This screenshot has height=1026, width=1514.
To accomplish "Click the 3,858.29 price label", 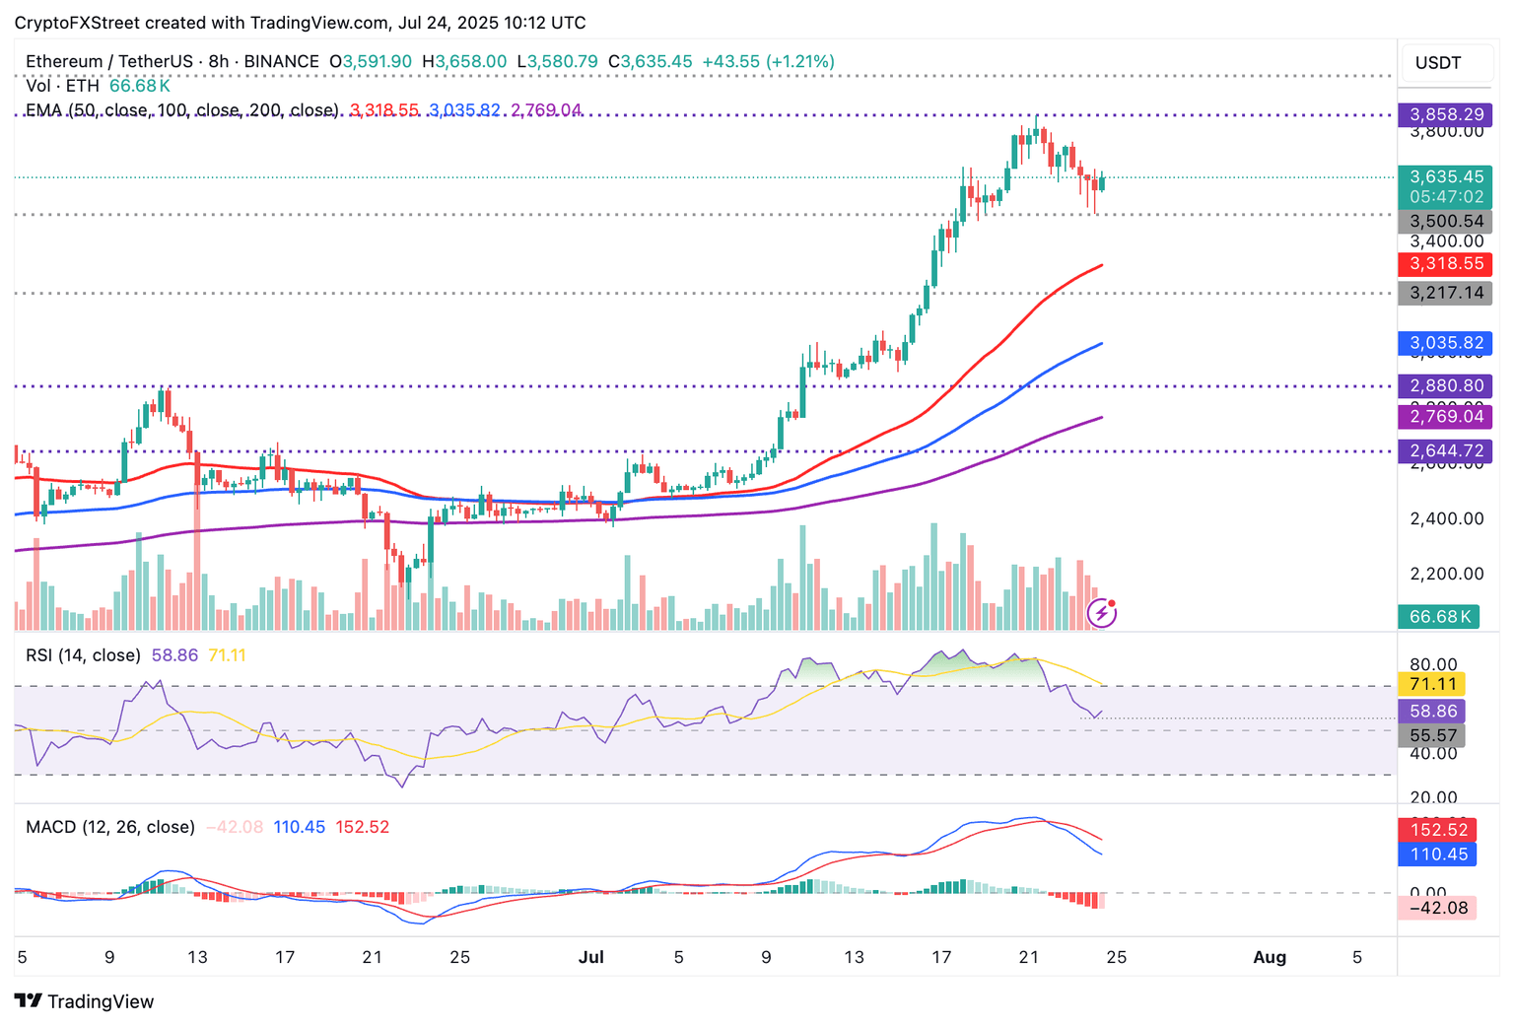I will click(x=1446, y=114).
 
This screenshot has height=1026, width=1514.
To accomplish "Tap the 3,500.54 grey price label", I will click(x=1446, y=222).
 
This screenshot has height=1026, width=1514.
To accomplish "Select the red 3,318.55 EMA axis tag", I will click(x=1446, y=264).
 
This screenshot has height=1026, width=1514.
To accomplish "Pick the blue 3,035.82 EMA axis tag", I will click(x=1446, y=343).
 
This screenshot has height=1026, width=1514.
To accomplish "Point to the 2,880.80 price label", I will click(x=1446, y=385).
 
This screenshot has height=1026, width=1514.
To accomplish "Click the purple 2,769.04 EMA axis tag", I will click(x=1446, y=416).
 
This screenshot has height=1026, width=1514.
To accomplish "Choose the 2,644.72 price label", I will click(x=1446, y=450).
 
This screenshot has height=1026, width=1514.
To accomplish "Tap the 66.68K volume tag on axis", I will click(x=1439, y=616).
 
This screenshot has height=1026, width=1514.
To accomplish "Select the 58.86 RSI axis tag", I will click(x=1432, y=711).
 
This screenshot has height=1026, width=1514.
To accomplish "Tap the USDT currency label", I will click(x=1438, y=63).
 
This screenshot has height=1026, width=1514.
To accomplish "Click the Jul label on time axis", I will click(x=591, y=957).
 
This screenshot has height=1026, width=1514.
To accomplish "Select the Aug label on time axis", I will click(x=1270, y=957).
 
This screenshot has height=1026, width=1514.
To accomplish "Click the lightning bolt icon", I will click(x=1101, y=613).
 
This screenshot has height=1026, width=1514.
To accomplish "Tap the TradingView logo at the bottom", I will click(x=85, y=1001).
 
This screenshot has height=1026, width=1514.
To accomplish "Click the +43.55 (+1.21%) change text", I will click(x=768, y=61).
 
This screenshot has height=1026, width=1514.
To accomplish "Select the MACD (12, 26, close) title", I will click(x=110, y=827).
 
